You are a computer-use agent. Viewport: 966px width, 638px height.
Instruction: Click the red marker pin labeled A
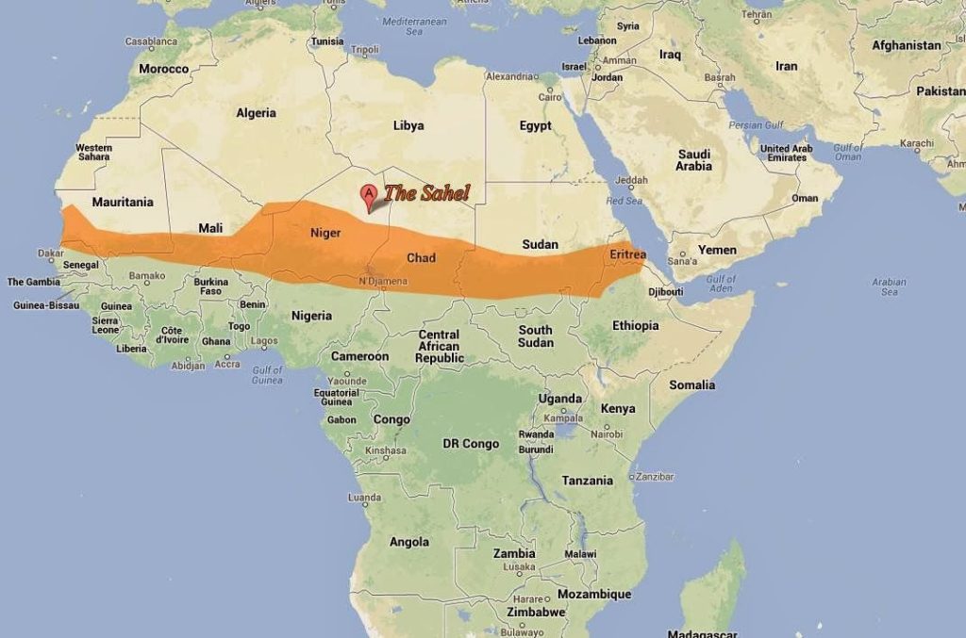369,197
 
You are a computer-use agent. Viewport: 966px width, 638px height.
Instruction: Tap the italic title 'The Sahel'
426,193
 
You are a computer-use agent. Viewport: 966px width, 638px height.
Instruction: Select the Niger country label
325,232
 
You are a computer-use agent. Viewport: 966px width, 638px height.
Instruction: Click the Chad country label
421,257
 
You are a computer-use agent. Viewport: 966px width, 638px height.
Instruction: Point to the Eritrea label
627,254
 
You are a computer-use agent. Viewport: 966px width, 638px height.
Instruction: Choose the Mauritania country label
123,202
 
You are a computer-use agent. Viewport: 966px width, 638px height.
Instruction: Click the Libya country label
408,125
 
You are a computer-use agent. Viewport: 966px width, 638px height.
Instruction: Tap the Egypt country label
535,125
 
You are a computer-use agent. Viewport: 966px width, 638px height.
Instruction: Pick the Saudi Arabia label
693,160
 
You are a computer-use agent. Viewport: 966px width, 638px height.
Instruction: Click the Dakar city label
50,253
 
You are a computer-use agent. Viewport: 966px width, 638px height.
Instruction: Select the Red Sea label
624,201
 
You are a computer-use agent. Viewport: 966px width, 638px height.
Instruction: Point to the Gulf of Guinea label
268,374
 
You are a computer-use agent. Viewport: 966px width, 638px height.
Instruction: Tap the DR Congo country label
471,443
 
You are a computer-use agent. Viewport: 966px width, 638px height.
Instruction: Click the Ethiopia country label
635,325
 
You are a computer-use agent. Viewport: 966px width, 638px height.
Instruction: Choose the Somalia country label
692,384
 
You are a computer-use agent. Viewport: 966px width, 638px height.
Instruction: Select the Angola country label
409,542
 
